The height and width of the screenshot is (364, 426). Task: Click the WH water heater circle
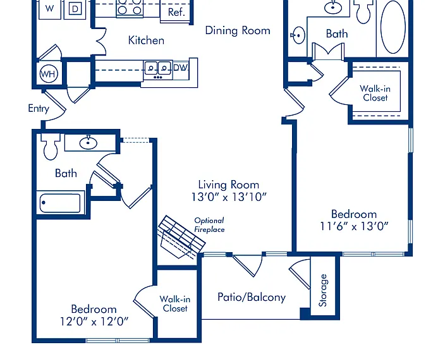[x=49, y=73]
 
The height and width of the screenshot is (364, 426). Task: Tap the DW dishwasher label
[x=180, y=68]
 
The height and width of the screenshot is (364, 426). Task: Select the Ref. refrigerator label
[x=176, y=12]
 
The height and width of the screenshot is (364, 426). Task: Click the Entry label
[x=39, y=109]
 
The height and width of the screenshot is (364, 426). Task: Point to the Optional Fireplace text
[x=209, y=225]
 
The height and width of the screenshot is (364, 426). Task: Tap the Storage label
[x=323, y=291]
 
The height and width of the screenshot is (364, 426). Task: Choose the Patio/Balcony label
[x=252, y=297]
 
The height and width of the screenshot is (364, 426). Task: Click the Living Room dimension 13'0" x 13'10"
[x=229, y=197]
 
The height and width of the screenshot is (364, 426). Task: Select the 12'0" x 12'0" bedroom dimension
[x=94, y=322]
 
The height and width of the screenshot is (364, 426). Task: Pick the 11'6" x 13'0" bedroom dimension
[x=354, y=226]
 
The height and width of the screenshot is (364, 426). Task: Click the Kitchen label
[x=146, y=40]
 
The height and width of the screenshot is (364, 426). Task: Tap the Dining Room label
[x=238, y=30]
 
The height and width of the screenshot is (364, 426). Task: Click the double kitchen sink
[x=158, y=70]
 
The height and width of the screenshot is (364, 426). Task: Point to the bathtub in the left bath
[x=60, y=203]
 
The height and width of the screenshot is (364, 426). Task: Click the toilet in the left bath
[x=51, y=147]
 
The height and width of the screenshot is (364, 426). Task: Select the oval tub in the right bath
[x=393, y=27]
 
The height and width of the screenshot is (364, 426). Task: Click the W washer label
[x=49, y=8]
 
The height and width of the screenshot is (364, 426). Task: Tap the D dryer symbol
[x=75, y=9]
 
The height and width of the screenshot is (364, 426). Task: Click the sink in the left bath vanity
[x=88, y=143]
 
